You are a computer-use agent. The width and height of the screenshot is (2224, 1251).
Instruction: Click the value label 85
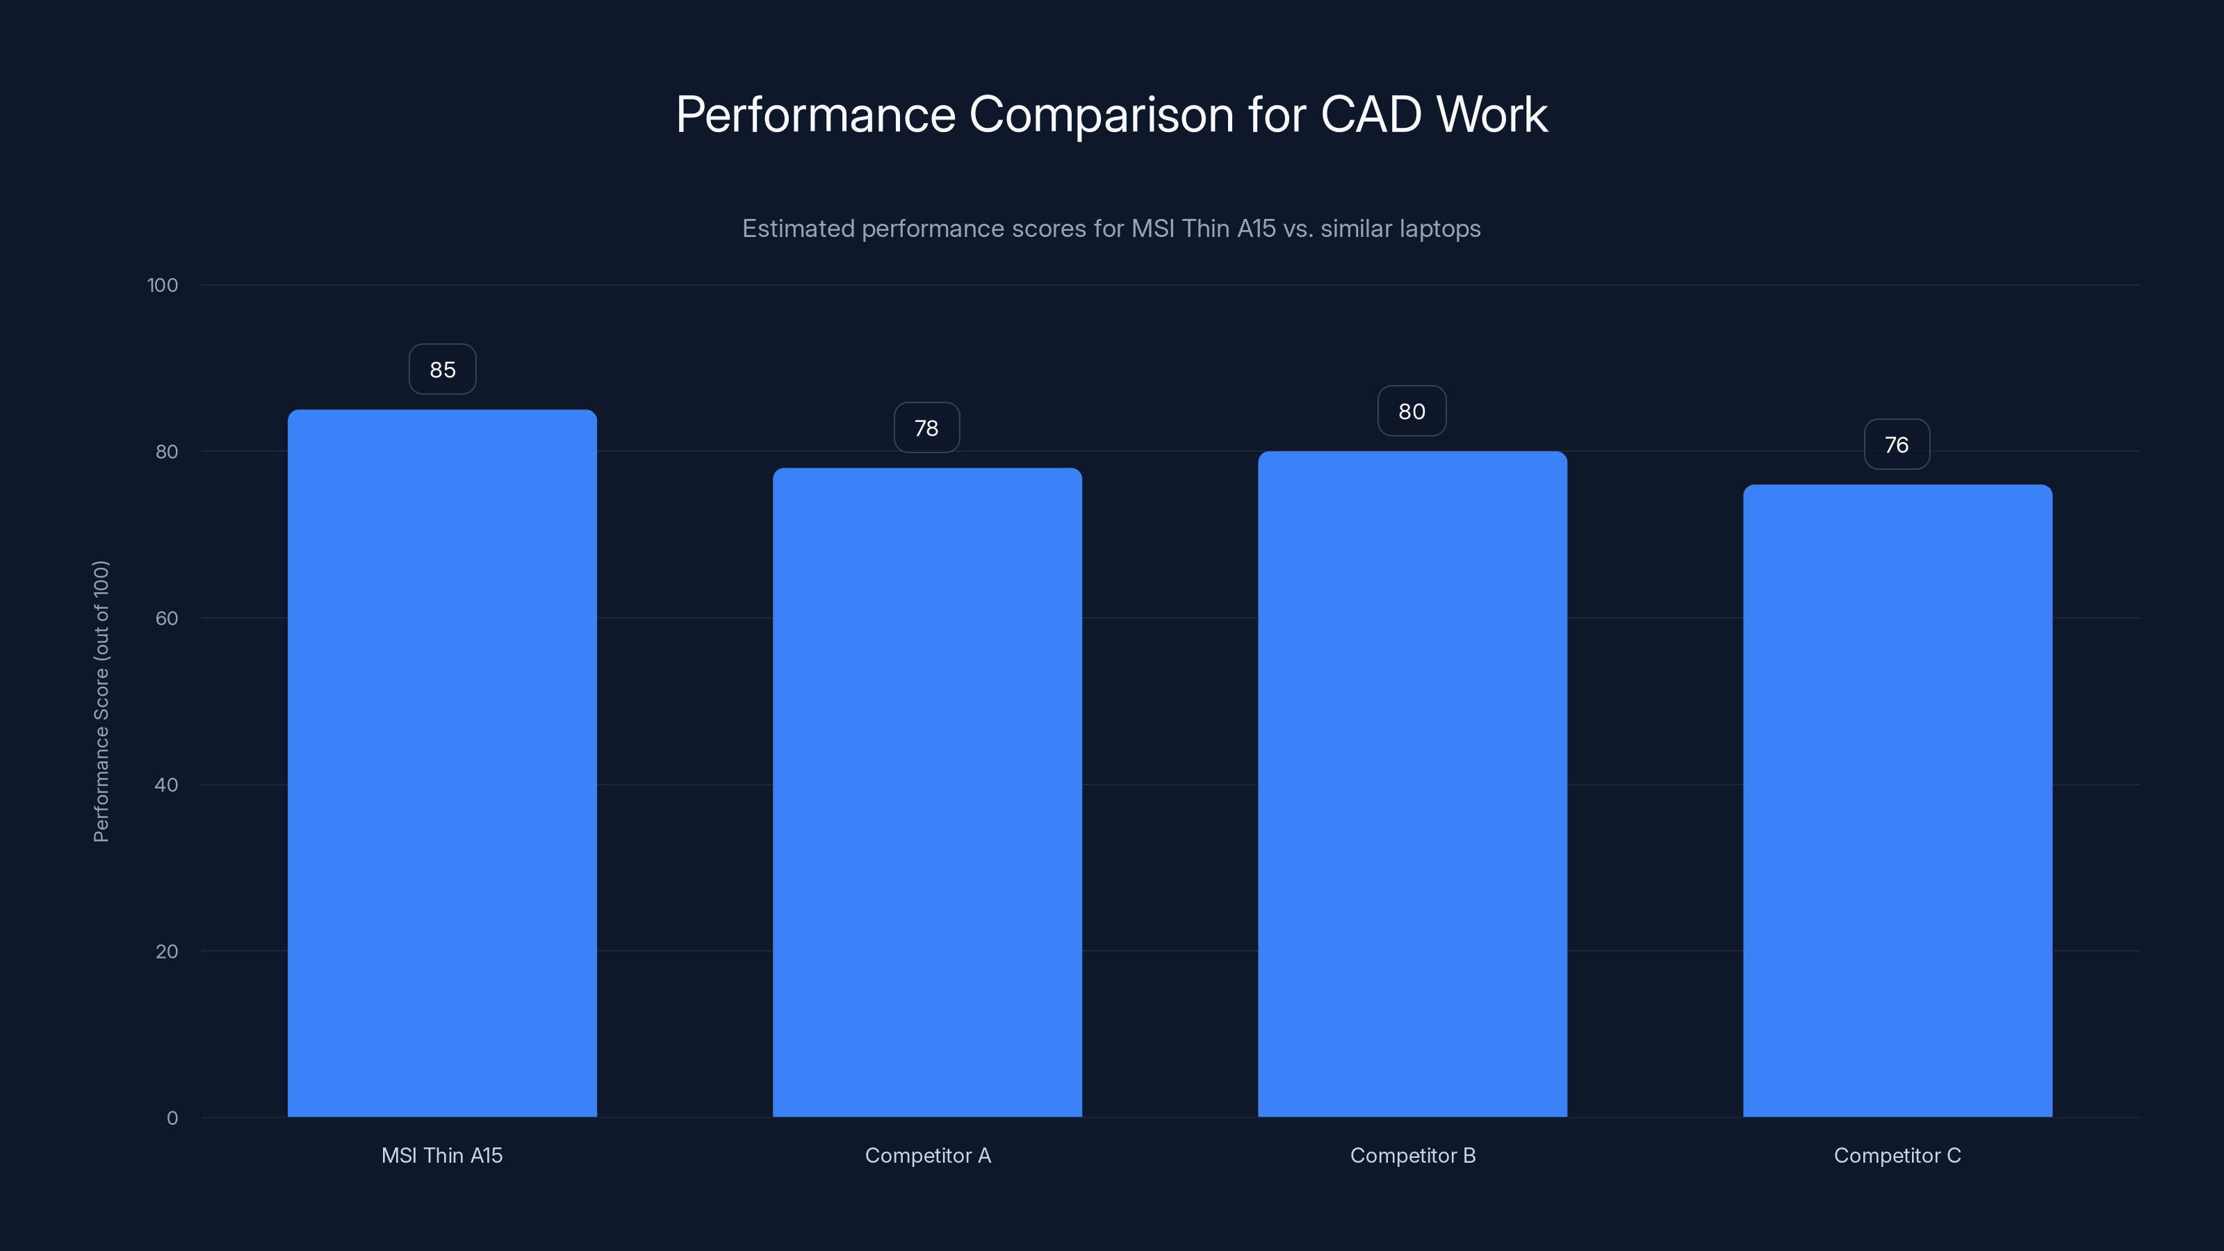pos(442,370)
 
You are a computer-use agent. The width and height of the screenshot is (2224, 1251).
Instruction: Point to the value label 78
pos(926,427)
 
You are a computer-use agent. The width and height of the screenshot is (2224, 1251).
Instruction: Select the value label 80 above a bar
pos(1412,411)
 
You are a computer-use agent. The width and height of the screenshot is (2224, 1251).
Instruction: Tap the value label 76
pos(1897,445)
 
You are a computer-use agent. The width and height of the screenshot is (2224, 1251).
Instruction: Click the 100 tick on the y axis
pos(163,285)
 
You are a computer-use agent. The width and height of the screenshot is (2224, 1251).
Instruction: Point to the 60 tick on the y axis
pos(167,618)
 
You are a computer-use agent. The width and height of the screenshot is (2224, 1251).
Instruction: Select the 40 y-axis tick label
pos(167,785)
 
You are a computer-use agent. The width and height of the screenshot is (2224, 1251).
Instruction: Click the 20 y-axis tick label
pos(167,951)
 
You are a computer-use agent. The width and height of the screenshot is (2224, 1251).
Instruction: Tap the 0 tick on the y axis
pos(172,1118)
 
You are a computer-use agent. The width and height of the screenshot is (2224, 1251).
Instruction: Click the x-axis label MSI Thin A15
pos(442,1155)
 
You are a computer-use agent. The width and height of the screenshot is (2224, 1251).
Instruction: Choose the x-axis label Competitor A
pos(927,1155)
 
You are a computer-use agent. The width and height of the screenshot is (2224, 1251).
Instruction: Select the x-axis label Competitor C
pos(1897,1155)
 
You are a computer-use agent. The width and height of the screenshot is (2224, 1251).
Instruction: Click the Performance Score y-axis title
pos(101,701)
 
